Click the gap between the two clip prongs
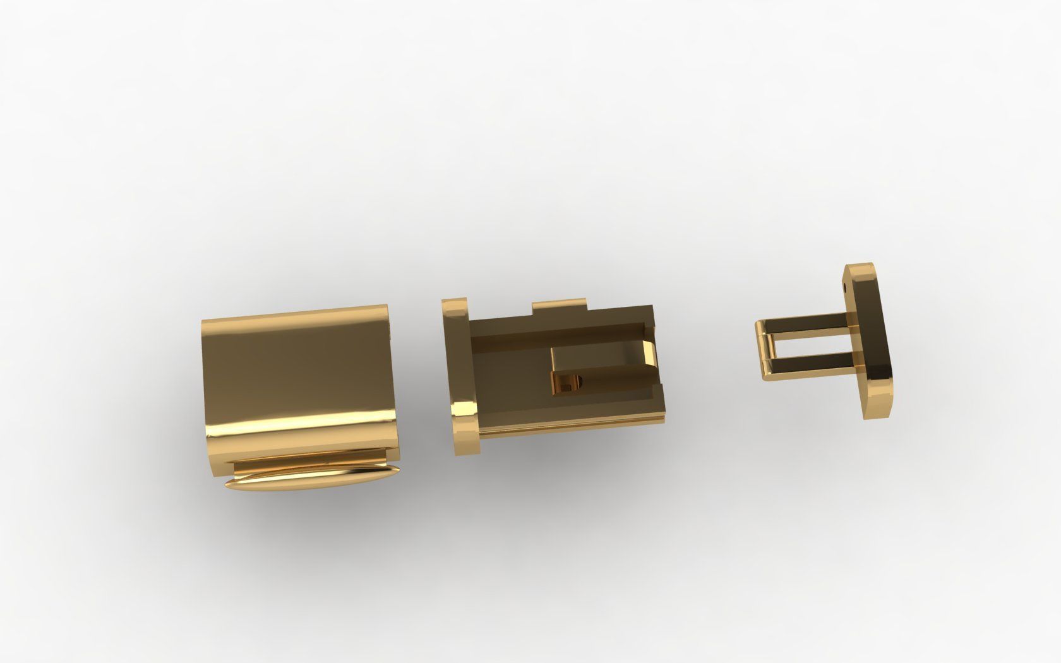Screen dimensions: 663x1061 point(815,345)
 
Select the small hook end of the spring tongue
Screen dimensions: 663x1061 point(567,381)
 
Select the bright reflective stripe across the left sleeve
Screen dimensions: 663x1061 point(303,422)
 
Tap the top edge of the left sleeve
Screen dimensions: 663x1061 point(297,314)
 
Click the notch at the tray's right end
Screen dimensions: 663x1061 point(650,328)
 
